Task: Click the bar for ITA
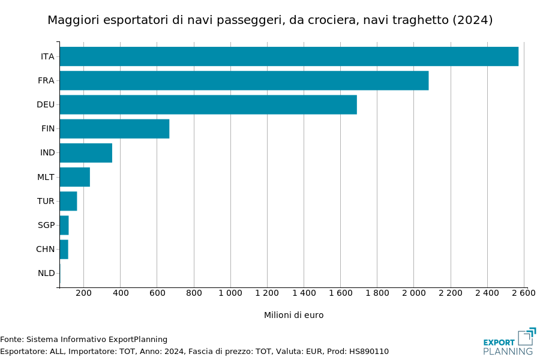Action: (289, 56)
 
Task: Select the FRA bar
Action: (244, 80)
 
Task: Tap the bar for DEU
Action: (208, 104)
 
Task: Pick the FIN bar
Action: (114, 128)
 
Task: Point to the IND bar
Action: (86, 153)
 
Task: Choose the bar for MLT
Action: (74, 177)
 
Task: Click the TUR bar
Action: (68, 201)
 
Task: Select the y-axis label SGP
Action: (46, 225)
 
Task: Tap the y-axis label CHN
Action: (46, 249)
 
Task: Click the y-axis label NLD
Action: (46, 273)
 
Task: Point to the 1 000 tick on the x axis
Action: (230, 293)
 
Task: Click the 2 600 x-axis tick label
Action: (523, 293)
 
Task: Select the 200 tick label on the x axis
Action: (83, 293)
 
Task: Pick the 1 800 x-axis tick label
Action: (377, 293)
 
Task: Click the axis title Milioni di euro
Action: (293, 315)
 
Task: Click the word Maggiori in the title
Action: (73, 20)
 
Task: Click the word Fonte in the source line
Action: (11, 340)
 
